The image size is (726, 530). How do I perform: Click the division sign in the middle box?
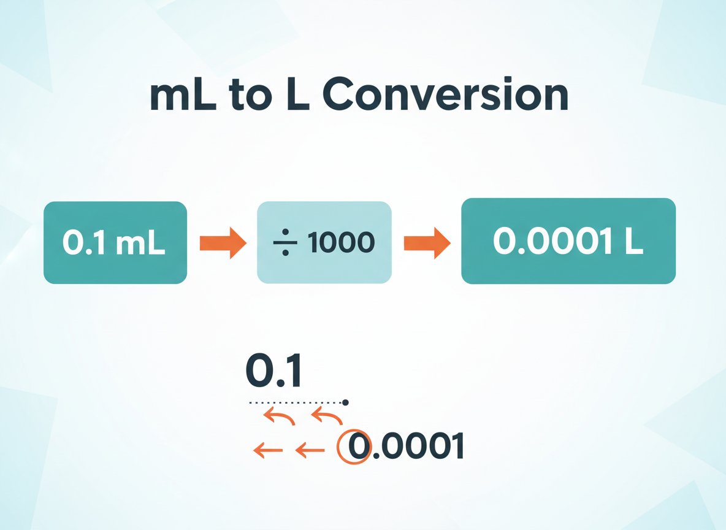pos(285,244)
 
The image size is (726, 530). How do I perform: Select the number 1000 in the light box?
pos(342,244)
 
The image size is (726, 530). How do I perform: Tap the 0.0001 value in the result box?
pos(548,242)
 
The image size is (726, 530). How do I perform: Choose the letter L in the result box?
pos(633,242)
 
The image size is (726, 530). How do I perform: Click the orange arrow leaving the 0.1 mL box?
pos(223,243)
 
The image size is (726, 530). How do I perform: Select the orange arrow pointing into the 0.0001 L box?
pos(427,243)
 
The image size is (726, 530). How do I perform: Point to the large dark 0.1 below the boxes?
pos(273,371)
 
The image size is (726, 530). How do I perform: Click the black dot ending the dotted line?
pos(345,402)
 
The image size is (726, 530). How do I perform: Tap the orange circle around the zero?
pos(354,447)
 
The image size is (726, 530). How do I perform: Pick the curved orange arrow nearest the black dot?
pos(327,418)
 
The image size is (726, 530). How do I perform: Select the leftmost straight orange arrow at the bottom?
pos(268,451)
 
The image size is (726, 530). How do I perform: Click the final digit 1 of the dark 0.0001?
pos(456,446)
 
